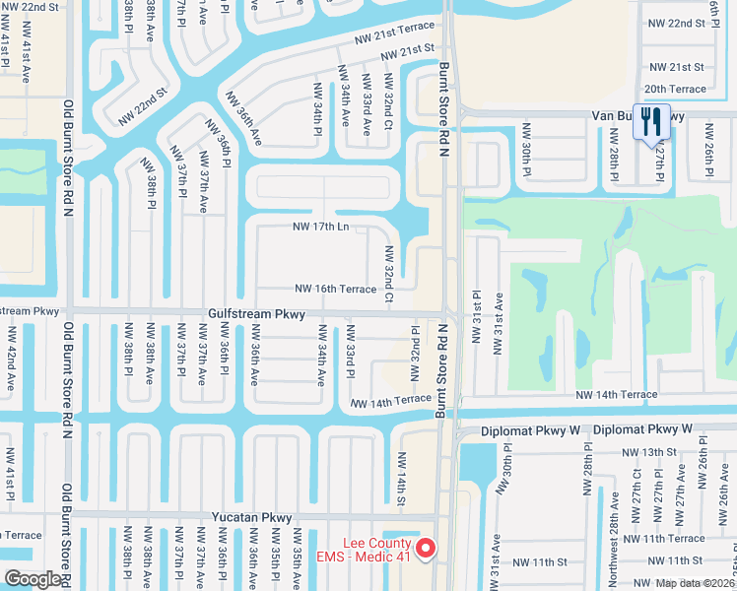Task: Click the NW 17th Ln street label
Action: (322, 227)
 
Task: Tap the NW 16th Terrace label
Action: (335, 289)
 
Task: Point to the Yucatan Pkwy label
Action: (252, 516)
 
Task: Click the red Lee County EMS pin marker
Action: (426, 548)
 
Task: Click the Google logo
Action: (33, 578)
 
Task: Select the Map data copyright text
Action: (695, 583)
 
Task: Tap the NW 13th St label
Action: (650, 451)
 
